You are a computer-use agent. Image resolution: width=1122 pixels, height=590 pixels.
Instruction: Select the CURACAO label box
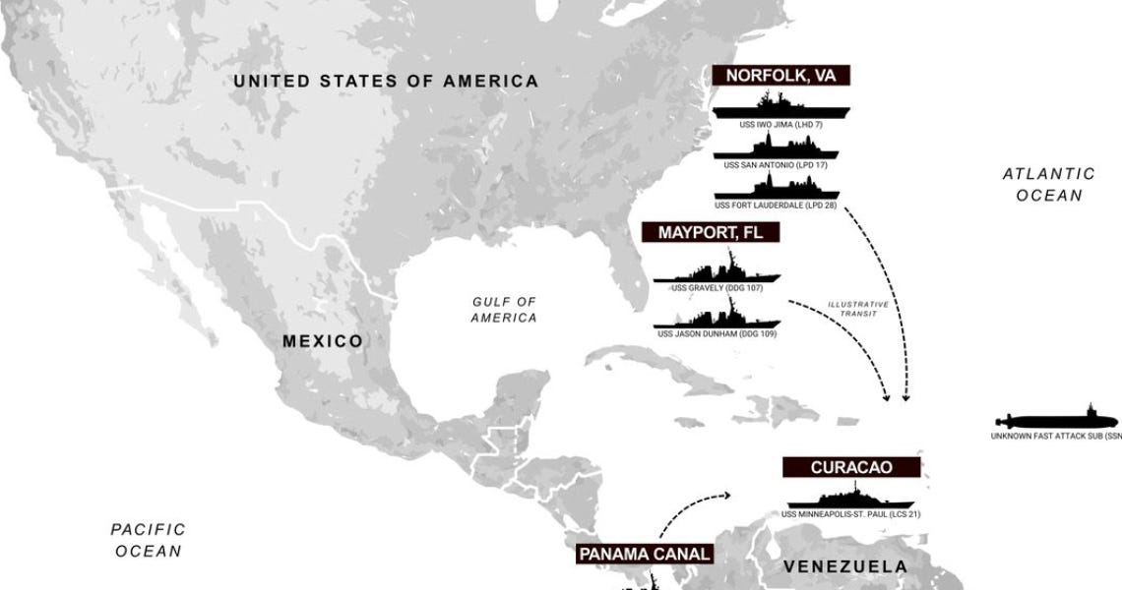tap(851, 467)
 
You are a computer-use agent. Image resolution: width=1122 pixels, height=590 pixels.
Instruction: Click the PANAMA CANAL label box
tap(644, 554)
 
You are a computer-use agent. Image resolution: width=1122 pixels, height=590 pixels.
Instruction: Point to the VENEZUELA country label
tap(844, 566)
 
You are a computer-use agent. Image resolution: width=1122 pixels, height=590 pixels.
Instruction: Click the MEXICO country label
tap(322, 341)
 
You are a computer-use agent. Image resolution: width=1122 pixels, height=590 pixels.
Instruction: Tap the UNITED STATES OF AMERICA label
tap(386, 81)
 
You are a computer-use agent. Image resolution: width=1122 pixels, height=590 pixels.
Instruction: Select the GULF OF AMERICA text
tap(504, 310)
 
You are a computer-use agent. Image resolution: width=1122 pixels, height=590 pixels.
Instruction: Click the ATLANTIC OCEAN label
tap(1049, 184)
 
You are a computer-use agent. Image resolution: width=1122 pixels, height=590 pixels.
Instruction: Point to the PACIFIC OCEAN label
tap(149, 540)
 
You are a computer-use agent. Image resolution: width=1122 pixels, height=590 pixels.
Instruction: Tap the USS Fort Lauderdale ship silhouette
tap(777, 186)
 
